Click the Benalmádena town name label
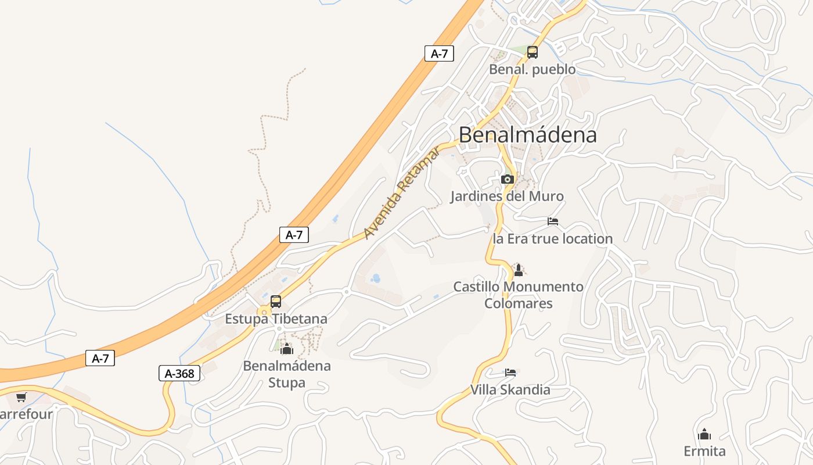click(x=527, y=135)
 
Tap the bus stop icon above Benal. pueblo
click(x=533, y=52)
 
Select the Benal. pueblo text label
click(x=532, y=70)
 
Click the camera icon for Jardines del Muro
click(x=507, y=179)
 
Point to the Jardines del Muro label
click(x=506, y=196)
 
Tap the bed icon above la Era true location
click(x=553, y=221)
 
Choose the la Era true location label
click(x=552, y=239)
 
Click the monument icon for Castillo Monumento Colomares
click(x=519, y=270)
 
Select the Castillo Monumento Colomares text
click(x=518, y=295)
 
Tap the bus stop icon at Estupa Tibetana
click(x=276, y=302)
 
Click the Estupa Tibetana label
click(x=276, y=319)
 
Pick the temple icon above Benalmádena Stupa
click(x=286, y=349)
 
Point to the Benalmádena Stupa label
click(x=286, y=374)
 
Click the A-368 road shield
click(x=179, y=373)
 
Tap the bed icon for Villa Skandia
click(x=510, y=372)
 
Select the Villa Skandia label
click(x=510, y=389)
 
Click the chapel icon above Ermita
click(x=704, y=434)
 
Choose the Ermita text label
click(x=704, y=452)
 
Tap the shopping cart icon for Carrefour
click(x=21, y=397)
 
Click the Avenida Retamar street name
click(x=402, y=194)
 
